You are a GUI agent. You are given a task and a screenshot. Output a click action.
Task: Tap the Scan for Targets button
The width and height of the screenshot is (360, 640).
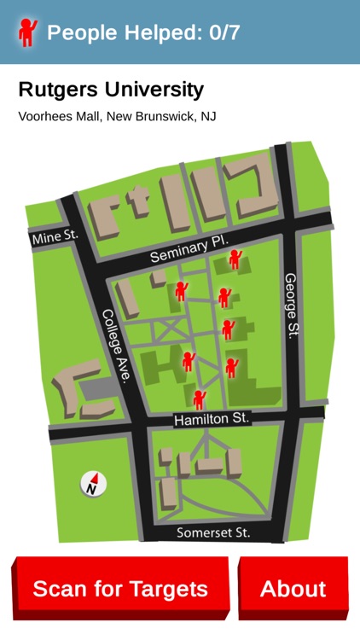120,589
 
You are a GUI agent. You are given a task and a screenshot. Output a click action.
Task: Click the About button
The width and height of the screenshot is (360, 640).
293,589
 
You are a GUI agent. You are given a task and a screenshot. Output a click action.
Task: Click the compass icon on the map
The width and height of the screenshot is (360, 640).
94,484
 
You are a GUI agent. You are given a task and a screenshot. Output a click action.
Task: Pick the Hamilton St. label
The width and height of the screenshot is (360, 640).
211,419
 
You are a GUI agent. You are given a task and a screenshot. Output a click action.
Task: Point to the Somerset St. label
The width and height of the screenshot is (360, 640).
212,532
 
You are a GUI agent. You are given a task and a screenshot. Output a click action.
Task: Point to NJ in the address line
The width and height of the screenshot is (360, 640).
208,116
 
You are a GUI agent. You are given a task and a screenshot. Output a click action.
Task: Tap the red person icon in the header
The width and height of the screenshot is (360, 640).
28,32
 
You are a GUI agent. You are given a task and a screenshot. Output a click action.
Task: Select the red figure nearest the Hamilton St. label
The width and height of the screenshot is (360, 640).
199,399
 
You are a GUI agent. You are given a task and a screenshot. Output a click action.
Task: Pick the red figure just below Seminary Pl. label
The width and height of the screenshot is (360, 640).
235,259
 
